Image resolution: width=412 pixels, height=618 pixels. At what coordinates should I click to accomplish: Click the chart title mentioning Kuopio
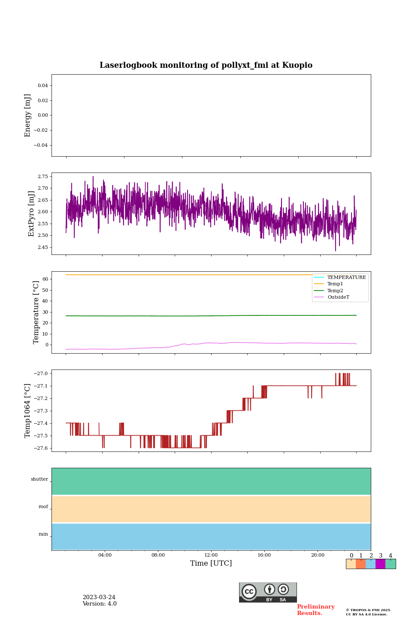(x=206, y=65)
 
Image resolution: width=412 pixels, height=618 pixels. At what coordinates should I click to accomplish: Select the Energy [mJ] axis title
(x=28, y=115)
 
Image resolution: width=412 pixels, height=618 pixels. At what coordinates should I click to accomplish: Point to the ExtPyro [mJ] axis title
(x=31, y=214)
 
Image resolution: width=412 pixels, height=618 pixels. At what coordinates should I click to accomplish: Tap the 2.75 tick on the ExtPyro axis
(x=43, y=176)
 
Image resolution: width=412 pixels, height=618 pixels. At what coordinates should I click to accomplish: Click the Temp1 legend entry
(x=335, y=284)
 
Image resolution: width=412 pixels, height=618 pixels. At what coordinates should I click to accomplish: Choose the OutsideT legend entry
(x=338, y=297)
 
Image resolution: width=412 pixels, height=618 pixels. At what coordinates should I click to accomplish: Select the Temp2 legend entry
(x=335, y=291)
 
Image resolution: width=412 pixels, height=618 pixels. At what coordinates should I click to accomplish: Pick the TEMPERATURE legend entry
(x=346, y=278)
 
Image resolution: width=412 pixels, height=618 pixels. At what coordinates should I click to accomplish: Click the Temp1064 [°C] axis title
(x=28, y=411)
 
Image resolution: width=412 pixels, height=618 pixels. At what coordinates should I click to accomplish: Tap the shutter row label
(x=39, y=479)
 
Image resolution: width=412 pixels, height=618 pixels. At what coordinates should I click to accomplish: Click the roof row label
(x=43, y=507)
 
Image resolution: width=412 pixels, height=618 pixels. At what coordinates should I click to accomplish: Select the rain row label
(x=43, y=534)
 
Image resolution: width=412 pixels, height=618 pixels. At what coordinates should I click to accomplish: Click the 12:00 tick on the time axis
(x=211, y=555)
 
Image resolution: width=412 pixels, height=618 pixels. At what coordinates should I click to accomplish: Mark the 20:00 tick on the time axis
(x=318, y=555)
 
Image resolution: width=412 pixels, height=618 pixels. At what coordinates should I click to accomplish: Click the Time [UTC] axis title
(x=211, y=563)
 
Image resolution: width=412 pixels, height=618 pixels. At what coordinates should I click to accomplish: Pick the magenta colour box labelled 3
(x=380, y=564)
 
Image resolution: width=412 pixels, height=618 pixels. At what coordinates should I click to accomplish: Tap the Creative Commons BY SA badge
(x=268, y=592)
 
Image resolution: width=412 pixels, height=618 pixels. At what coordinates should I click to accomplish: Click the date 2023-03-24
(x=99, y=597)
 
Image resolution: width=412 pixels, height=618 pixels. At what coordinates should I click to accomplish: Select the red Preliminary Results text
(x=315, y=610)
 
